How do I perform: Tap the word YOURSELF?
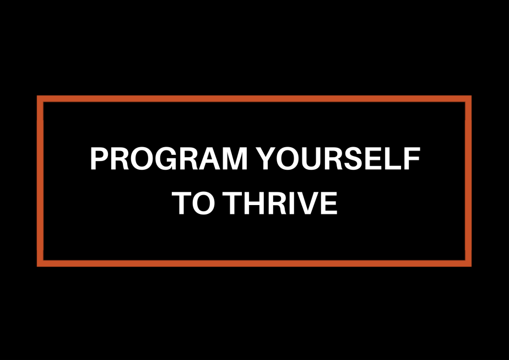coord(338,160)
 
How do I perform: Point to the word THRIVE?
coord(282,203)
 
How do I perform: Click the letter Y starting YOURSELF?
coord(269,160)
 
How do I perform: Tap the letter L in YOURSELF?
coord(394,160)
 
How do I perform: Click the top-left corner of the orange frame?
coord(40,99)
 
